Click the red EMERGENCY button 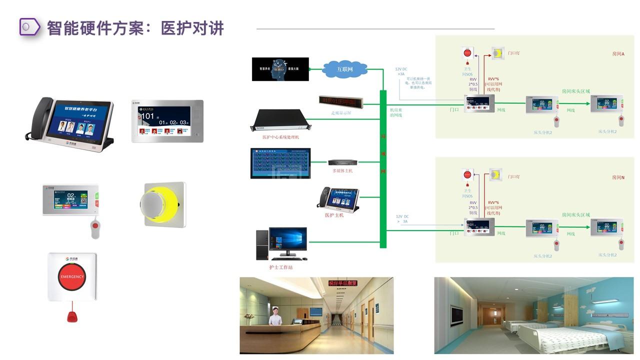click(72, 276)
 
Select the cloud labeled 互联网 click(345, 69)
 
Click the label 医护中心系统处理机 click(280, 137)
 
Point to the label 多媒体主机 click(342, 171)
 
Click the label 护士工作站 click(280, 267)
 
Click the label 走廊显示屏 click(341, 113)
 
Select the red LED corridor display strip click(341, 101)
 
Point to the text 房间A click(618, 53)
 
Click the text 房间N click(618, 177)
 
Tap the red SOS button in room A click(467, 52)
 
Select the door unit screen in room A click(479, 103)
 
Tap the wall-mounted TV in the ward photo click(456, 315)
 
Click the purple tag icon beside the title click(30, 26)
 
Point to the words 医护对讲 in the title click(192, 28)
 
